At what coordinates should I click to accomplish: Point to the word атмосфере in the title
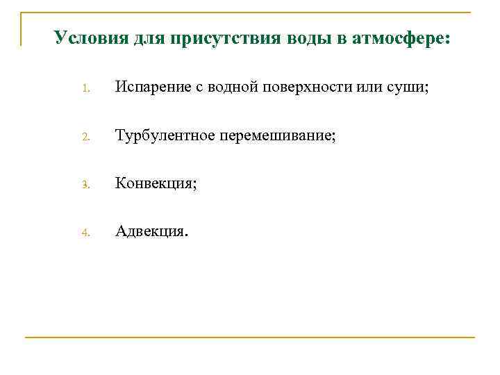tap(401, 37)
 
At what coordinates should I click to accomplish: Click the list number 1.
tap(85, 89)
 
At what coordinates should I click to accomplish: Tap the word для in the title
tap(147, 37)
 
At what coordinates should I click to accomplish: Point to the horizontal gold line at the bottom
tap(250, 337)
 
